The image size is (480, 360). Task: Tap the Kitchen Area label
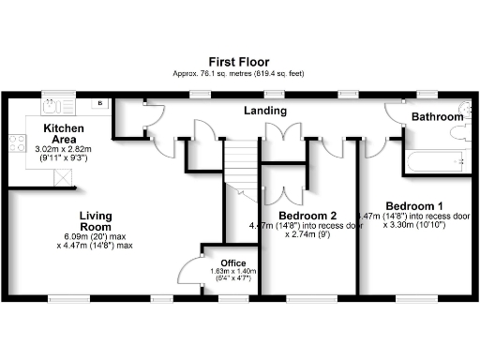[x=63, y=132]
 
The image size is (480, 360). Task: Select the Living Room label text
[x=96, y=220]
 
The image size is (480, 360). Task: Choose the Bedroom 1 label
[x=414, y=205]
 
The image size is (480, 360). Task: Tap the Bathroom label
[x=438, y=116]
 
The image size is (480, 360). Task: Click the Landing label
[x=264, y=111]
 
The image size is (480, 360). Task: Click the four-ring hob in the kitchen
[x=17, y=142]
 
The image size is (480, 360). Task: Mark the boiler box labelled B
[x=99, y=103]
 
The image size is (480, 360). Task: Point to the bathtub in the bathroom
[x=435, y=161]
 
